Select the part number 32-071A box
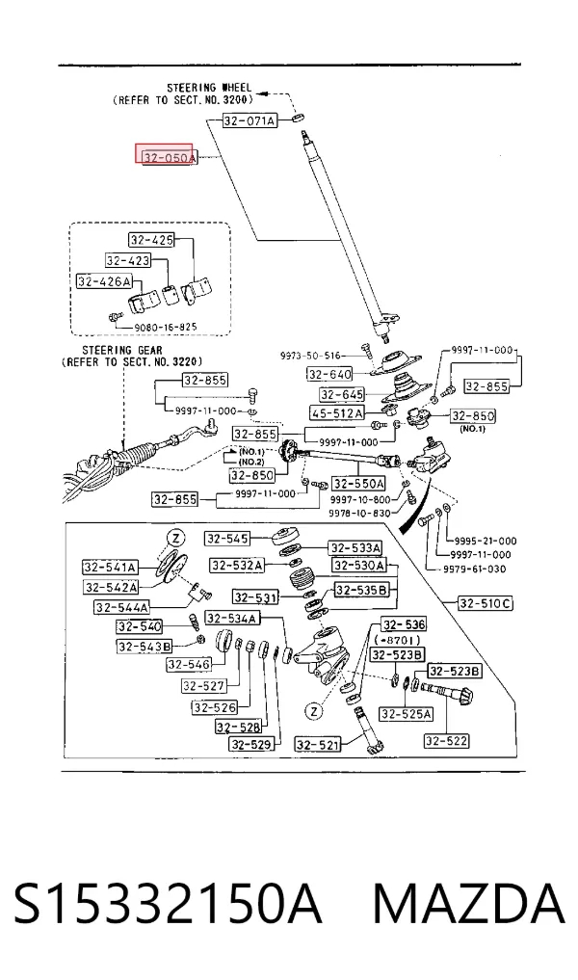pos(250,120)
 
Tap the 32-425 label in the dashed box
pos(151,239)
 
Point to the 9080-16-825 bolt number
pos(165,327)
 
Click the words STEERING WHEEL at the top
pos(209,88)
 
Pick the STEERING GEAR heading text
pos(121,351)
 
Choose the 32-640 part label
pos(329,374)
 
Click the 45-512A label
pos(337,413)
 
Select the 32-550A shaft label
pos(358,483)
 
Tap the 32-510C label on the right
pos(486,603)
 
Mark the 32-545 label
pos(227,538)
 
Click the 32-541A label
pos(110,568)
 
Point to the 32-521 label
pos(318,744)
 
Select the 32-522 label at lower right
pos(446,741)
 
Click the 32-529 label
pos(251,744)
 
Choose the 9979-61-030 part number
pos(474,569)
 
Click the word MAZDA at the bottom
pos(469,904)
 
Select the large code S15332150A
pos(168,904)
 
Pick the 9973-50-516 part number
pos(310,356)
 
